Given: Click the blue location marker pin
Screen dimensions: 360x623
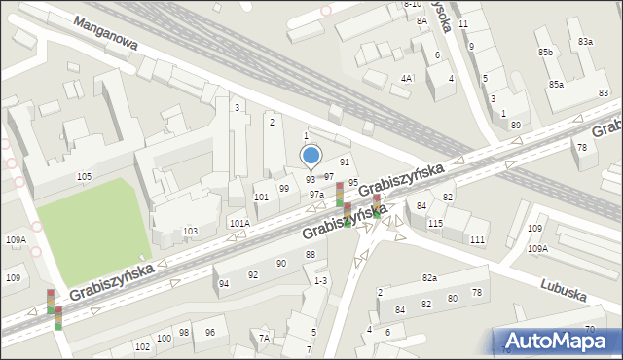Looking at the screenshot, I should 311,156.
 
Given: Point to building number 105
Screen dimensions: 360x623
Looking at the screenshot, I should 85,176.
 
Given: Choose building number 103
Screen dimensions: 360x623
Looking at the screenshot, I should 190,231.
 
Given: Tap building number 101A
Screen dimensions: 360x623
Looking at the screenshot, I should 239,223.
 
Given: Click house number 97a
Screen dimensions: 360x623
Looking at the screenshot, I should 316,195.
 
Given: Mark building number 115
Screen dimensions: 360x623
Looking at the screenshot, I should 435,224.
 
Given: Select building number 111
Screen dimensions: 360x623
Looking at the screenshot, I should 477,239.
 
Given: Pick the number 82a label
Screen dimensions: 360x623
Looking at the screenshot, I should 429,278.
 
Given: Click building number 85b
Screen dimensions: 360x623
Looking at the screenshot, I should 545,52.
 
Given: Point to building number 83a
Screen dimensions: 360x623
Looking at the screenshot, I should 585,42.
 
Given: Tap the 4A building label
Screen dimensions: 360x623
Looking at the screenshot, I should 407,78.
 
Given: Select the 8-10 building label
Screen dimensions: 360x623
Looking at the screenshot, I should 412,5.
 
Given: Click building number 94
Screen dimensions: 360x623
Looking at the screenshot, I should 224,283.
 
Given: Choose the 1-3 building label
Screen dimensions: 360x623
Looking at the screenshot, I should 320,280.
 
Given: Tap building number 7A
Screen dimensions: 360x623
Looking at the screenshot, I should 264,338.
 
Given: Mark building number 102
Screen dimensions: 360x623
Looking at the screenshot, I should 142,346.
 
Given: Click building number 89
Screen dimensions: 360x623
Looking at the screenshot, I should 515,126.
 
